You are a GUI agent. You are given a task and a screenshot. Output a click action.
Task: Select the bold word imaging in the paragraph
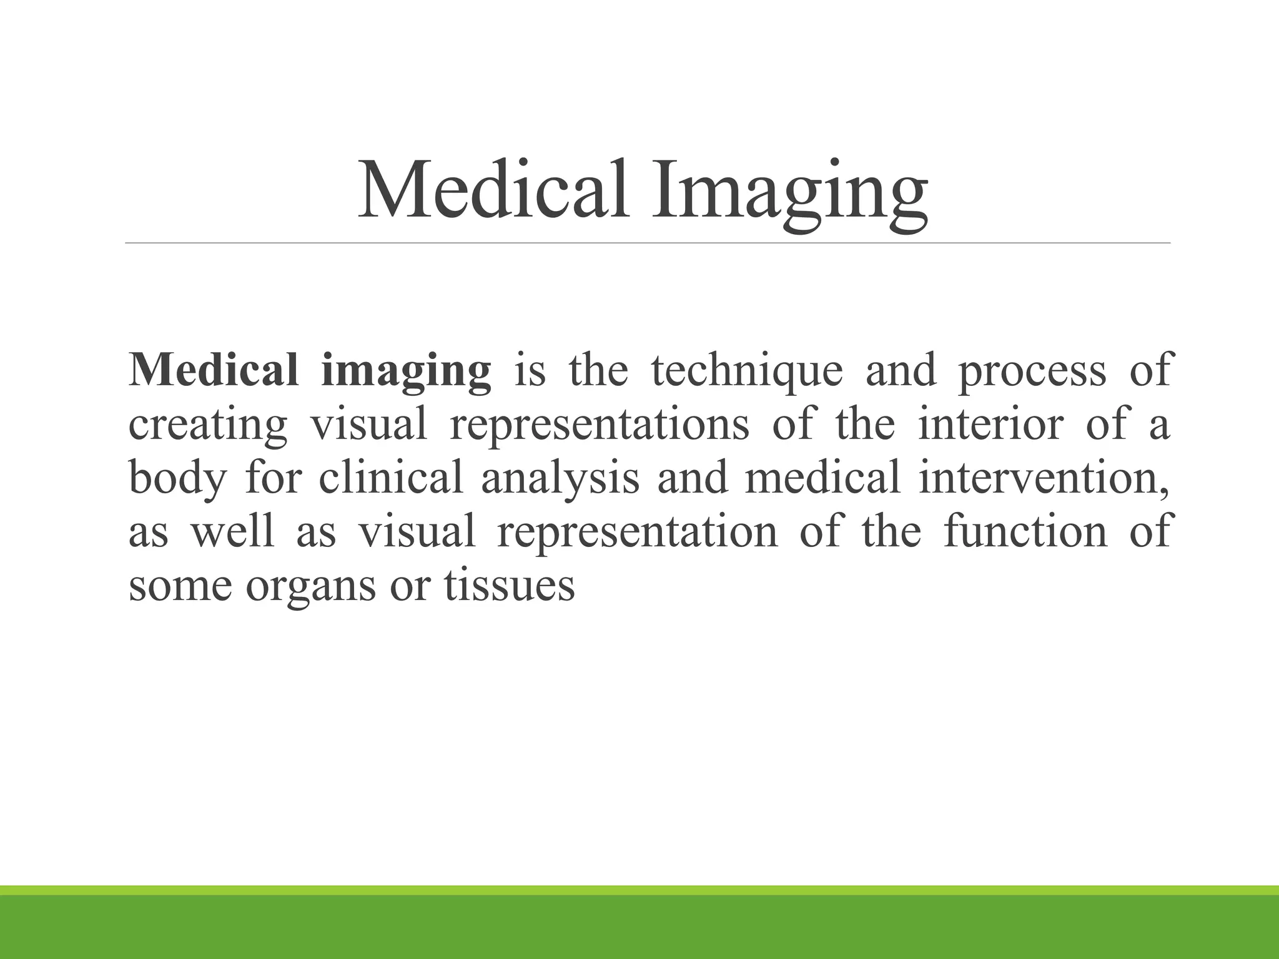click(x=406, y=371)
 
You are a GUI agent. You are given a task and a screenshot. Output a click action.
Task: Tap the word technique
click(x=746, y=371)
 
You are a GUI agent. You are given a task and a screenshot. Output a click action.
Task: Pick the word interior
click(x=990, y=425)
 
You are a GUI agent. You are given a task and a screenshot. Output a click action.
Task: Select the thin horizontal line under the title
click(x=648, y=243)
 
